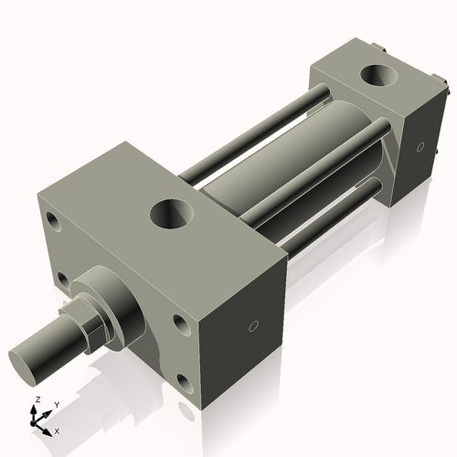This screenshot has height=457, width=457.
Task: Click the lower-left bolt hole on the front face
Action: click(x=63, y=278)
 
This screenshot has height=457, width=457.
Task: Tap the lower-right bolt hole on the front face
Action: click(x=186, y=383)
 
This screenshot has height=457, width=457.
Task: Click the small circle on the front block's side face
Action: click(x=254, y=325)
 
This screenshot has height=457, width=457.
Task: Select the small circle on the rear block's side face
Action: click(x=420, y=146)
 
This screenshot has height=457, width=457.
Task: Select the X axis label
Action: click(x=57, y=430)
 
